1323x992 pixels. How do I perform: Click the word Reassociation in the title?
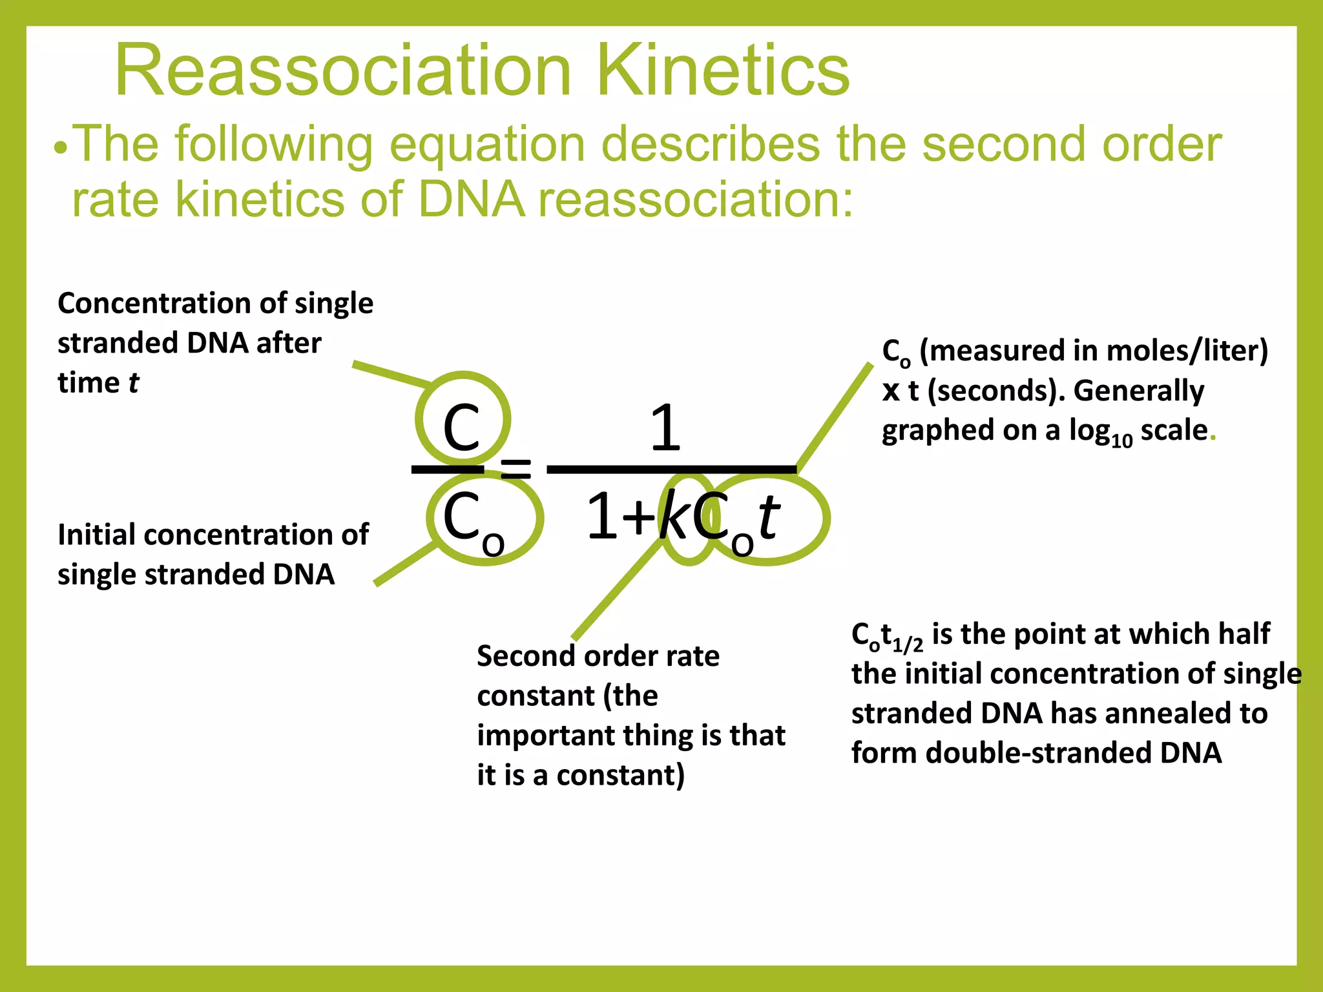coord(342,70)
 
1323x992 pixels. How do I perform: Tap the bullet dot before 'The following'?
coord(61,149)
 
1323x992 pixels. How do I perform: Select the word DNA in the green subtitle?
coord(471,199)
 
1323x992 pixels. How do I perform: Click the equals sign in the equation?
coord(516,468)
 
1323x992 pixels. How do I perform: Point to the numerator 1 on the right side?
coord(665,428)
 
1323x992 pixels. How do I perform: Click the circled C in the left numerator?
coord(461,428)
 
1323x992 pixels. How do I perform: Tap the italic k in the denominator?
coord(674,517)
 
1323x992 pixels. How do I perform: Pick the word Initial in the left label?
coord(97,535)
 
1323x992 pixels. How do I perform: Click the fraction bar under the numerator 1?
coord(672,470)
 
